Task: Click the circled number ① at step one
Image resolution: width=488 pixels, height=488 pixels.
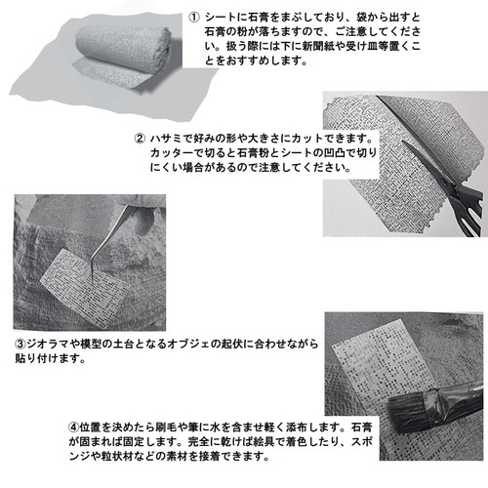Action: coord(193,17)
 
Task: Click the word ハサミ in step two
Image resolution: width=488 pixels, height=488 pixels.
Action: coord(167,138)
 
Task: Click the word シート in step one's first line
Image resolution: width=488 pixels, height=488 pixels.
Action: coord(218,17)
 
